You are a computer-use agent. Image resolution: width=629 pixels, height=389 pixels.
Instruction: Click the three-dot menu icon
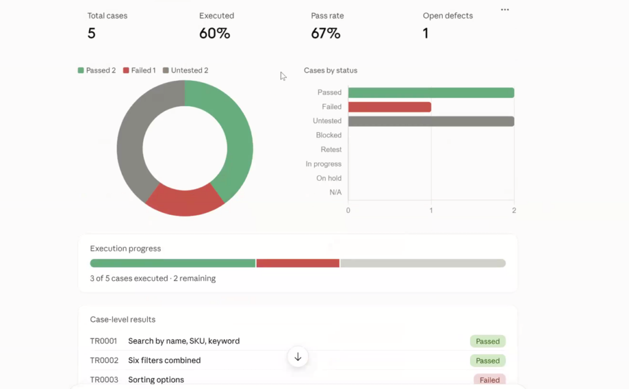[505, 10]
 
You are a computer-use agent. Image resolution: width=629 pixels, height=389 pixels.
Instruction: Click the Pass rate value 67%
[326, 33]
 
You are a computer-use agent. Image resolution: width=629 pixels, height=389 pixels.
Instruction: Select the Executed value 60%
[214, 33]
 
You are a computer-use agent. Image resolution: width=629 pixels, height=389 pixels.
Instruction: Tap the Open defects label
[448, 15]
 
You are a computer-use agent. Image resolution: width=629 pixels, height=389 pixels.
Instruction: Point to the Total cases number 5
[92, 33]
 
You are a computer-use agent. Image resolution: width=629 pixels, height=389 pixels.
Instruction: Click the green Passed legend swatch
[80, 71]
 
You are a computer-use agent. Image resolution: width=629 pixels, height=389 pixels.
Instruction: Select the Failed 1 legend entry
[139, 71]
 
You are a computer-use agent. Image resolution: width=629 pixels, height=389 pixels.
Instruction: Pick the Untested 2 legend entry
[186, 71]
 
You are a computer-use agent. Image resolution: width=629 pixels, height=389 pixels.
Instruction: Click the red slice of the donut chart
[185, 202]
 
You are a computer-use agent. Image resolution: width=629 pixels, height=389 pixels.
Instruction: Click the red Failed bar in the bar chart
[389, 107]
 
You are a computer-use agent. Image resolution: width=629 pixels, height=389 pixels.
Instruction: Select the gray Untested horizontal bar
[431, 121]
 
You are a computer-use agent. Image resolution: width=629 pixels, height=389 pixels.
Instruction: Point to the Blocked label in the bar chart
[329, 136]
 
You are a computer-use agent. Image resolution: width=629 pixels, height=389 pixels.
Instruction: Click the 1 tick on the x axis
[431, 210]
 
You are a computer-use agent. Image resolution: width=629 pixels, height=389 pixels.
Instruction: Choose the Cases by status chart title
[330, 71]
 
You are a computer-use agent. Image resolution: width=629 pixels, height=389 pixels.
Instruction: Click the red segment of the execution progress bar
[298, 263]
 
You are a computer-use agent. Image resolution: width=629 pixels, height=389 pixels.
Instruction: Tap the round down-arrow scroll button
[298, 357]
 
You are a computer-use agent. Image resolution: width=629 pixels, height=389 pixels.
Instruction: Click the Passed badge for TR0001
[488, 341]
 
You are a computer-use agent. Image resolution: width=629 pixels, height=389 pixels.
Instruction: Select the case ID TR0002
[104, 361]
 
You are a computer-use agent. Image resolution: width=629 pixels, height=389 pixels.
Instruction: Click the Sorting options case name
[156, 380]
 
